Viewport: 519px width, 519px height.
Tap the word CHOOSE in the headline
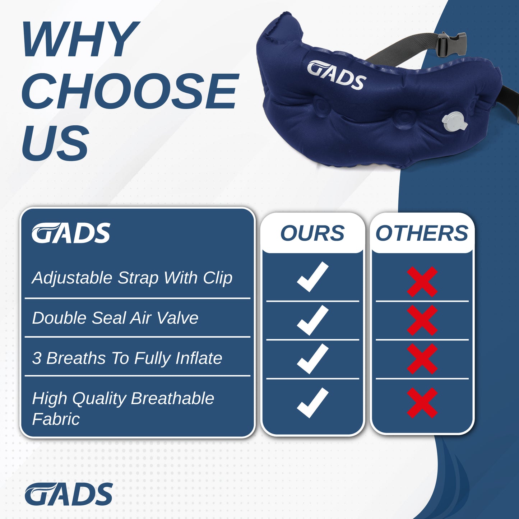[130, 91]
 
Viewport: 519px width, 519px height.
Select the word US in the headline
[55, 143]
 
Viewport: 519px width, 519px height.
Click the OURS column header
[312, 233]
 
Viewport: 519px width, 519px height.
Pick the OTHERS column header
[422, 233]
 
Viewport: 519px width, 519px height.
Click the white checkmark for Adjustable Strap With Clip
[312, 277]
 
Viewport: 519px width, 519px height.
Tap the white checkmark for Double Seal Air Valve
[312, 320]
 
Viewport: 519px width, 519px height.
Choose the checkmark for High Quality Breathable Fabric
[312, 403]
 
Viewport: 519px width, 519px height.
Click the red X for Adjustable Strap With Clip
[422, 281]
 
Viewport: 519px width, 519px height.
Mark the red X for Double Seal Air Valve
[422, 320]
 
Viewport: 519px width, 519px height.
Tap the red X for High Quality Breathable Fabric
[422, 403]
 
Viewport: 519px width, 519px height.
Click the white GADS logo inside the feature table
[71, 233]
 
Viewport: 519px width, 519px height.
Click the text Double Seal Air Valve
[115, 318]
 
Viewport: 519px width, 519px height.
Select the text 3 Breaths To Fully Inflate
[127, 358]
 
